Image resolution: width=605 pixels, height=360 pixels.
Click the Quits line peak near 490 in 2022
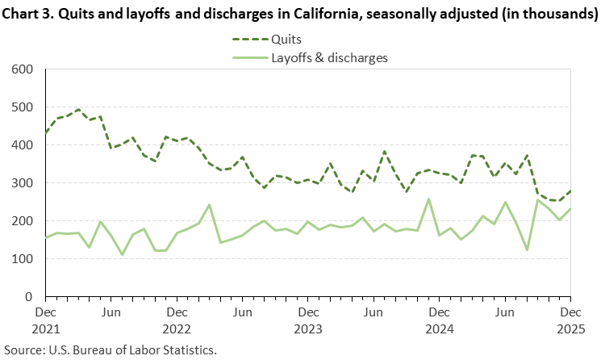tap(78, 110)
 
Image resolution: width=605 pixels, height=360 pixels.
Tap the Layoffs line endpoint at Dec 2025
tap(570, 209)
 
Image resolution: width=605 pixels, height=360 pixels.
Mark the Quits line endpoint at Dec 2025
tap(570, 191)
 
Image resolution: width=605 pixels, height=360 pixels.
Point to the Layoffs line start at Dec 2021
tap(45, 237)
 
